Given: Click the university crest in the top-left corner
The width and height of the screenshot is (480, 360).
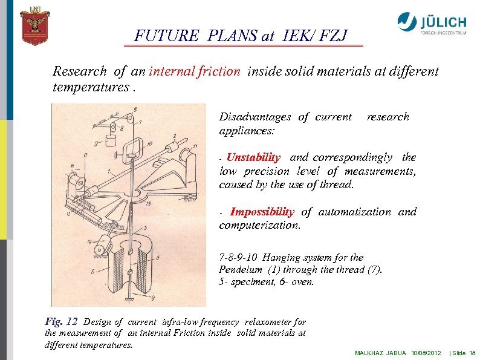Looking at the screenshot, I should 34,25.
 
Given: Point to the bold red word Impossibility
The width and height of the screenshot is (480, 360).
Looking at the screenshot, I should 262,212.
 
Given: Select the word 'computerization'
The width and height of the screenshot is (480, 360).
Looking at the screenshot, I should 258,225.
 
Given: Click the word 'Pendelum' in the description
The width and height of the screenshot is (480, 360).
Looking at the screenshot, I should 241,269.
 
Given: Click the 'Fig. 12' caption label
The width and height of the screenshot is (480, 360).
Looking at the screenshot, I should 62,321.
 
